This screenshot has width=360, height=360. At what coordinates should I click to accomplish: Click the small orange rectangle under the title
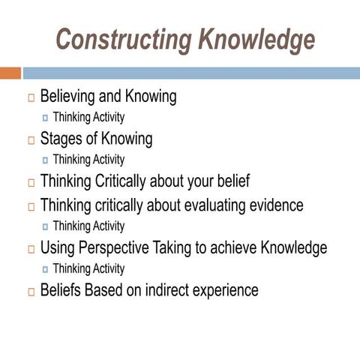pyautogui.click(x=10, y=73)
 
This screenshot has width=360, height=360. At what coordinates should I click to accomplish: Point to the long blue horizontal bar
pyautogui.click(x=190, y=73)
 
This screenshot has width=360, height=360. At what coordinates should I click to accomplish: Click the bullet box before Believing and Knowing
pyautogui.click(x=31, y=98)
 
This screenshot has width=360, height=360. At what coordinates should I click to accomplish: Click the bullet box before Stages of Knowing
pyautogui.click(x=31, y=141)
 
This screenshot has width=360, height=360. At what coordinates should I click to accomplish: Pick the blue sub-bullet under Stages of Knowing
pyautogui.click(x=46, y=160)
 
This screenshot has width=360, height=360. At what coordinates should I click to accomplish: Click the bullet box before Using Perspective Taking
pyautogui.click(x=31, y=249)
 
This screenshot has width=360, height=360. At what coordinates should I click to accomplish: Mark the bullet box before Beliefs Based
pyautogui.click(x=31, y=292)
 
